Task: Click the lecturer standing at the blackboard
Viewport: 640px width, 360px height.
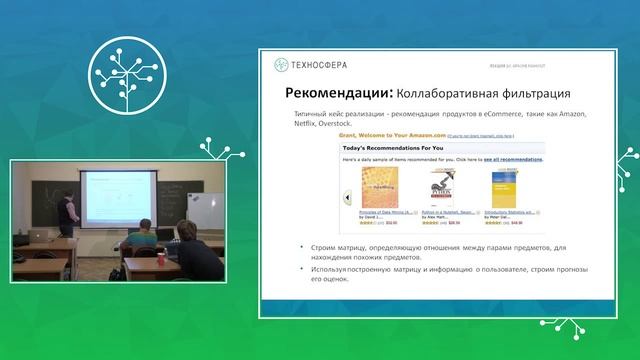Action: coord(66,209)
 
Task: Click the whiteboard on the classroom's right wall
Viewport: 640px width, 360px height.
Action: coord(199,212)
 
